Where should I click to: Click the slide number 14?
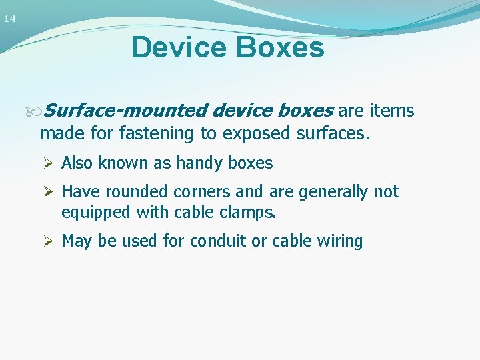point(9,19)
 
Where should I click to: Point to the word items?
point(392,111)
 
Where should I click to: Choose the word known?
point(123,163)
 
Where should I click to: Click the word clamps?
point(251,213)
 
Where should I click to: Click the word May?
point(76,241)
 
